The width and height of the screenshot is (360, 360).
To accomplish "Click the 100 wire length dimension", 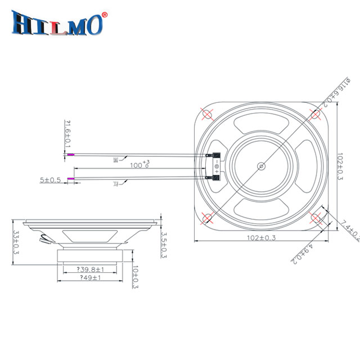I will (139, 166).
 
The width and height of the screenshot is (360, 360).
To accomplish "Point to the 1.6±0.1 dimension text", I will (68, 134).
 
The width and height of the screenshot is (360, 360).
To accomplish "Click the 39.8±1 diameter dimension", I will (92, 270).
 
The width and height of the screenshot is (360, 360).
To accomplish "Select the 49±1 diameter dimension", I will (91, 278).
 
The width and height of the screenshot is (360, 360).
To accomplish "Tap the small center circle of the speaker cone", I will (260, 166).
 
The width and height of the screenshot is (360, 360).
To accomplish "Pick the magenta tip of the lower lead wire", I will (70, 179).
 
